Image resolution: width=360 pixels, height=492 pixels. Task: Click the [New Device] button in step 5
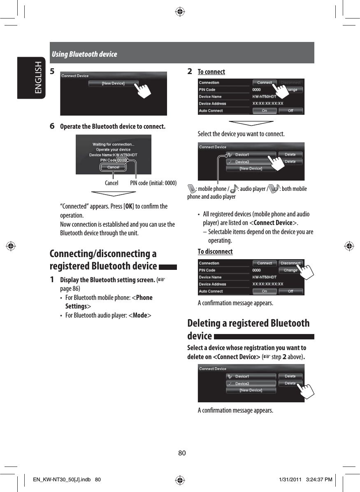click(113, 83)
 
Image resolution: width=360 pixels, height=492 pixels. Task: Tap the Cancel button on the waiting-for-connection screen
click(113, 167)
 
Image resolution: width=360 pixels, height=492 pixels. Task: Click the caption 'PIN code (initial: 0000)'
click(153, 183)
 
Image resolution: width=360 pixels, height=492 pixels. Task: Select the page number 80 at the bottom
click(182, 453)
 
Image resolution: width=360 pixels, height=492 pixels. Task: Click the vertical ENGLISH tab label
click(37, 78)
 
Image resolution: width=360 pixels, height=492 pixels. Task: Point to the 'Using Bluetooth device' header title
click(84, 54)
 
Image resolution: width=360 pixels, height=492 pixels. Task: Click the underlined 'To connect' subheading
click(211, 72)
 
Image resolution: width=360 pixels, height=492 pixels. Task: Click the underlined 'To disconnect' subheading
click(215, 251)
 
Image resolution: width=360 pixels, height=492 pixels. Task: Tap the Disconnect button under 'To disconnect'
click(290, 263)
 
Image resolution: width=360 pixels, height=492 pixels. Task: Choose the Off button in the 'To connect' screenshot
click(290, 111)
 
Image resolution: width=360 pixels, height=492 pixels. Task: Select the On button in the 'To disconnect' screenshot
click(264, 291)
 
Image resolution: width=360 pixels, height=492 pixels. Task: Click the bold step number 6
click(52, 126)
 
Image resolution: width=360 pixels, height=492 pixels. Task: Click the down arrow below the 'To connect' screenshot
click(251, 123)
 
